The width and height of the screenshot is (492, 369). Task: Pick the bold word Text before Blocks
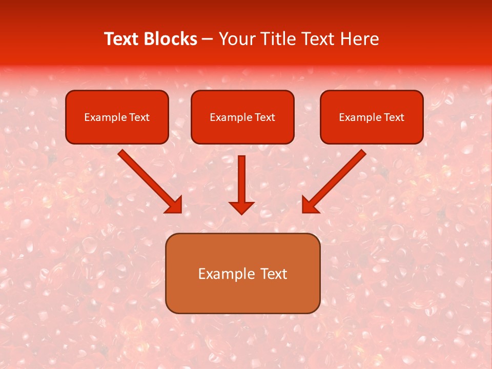click(x=123, y=39)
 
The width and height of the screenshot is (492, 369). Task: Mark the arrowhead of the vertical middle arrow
click(x=241, y=207)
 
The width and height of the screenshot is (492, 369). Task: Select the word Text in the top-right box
click(x=394, y=117)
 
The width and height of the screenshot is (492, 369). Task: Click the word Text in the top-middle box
click(x=264, y=117)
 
